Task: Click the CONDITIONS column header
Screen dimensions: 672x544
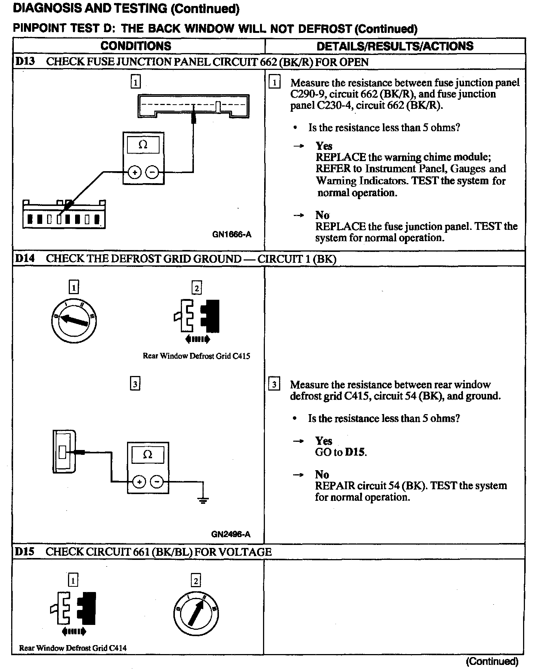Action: (136, 46)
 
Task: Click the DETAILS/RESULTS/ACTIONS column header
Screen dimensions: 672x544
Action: (395, 46)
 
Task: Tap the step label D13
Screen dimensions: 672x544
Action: (25, 61)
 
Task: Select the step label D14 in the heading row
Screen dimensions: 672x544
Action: (25, 258)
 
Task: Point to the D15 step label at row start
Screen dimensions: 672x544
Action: (25, 552)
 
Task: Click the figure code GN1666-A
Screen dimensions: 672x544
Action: (232, 234)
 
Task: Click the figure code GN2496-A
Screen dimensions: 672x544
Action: (231, 534)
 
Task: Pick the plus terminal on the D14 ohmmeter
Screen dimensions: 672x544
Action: (139, 482)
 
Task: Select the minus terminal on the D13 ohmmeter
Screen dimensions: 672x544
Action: (152, 172)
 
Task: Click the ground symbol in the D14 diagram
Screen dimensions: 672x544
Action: (203, 500)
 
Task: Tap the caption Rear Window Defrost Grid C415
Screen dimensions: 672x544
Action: (196, 356)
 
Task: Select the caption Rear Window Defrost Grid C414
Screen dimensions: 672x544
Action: (73, 648)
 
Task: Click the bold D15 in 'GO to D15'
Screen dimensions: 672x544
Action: (355, 452)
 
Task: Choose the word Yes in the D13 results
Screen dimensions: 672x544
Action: (324, 145)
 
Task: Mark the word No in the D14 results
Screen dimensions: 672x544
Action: (322, 474)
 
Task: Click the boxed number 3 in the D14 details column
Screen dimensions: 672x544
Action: (274, 385)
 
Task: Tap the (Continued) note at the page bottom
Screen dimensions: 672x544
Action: (492, 662)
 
